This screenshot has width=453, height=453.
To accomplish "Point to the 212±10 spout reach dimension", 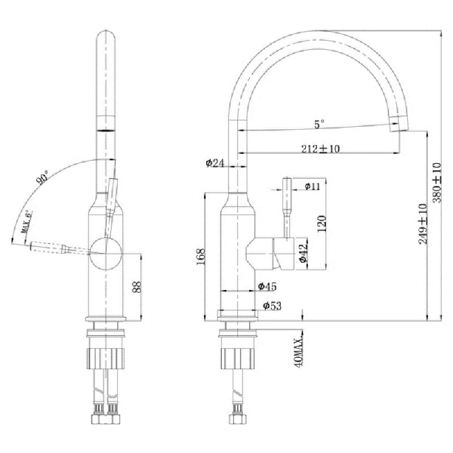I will point(319,149).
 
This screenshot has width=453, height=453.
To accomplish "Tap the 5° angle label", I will point(320,122).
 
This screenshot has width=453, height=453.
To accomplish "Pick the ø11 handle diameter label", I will point(313,185).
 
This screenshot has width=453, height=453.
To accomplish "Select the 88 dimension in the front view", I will point(136,287).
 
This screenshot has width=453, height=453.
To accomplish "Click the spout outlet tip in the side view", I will point(398,125).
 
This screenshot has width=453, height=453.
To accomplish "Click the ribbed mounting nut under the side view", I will point(239,355).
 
